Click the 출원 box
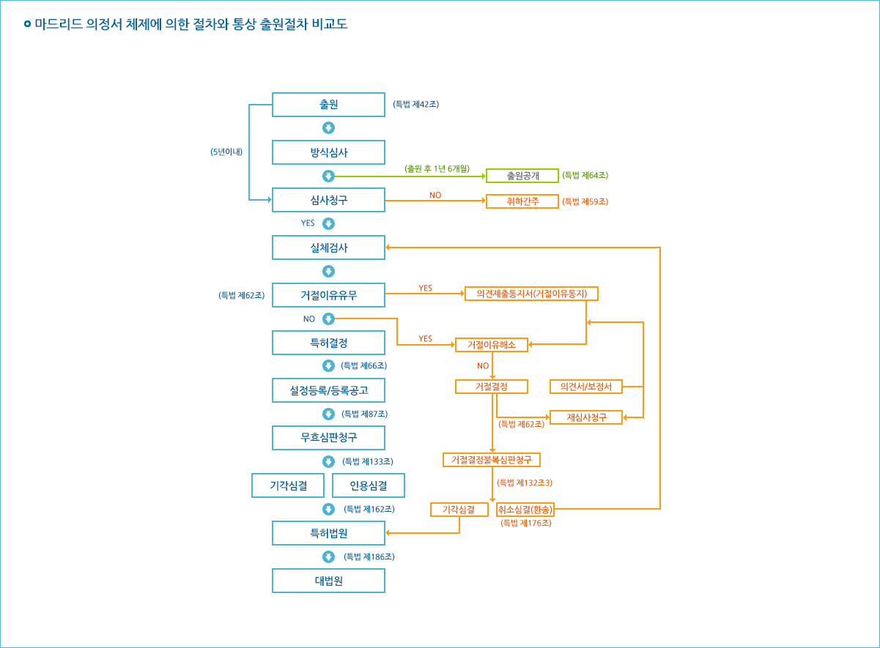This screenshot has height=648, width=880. (328, 105)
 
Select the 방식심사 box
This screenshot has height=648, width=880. (328, 152)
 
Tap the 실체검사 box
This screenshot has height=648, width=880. (328, 247)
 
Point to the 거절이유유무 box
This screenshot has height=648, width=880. (328, 295)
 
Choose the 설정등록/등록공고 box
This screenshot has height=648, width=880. (328, 390)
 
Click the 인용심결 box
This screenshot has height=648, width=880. (368, 485)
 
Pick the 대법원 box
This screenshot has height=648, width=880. (328, 581)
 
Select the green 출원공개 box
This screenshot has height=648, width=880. (522, 176)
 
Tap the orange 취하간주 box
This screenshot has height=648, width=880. (522, 201)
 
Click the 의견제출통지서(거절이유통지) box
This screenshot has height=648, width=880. (532, 294)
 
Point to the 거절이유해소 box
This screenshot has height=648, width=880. (492, 345)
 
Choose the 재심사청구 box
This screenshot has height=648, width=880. (586, 417)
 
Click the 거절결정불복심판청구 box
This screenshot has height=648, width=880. (492, 460)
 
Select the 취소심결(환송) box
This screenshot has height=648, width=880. (525, 510)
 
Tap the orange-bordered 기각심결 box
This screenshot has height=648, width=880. (459, 510)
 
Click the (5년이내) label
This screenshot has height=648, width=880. (226, 152)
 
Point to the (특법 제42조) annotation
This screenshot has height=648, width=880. (415, 105)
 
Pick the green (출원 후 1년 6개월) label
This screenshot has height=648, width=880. (437, 168)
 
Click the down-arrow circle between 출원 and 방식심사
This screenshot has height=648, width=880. (328, 128)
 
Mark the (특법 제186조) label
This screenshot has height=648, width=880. (369, 557)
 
